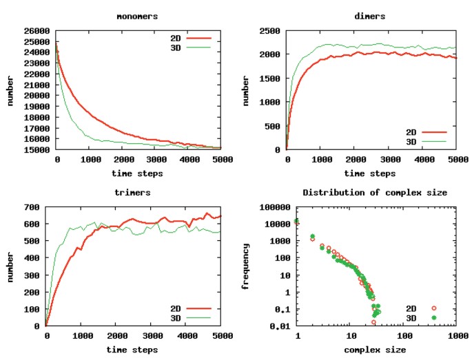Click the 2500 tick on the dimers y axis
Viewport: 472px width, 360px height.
(269, 31)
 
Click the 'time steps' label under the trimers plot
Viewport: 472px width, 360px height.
(134, 349)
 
